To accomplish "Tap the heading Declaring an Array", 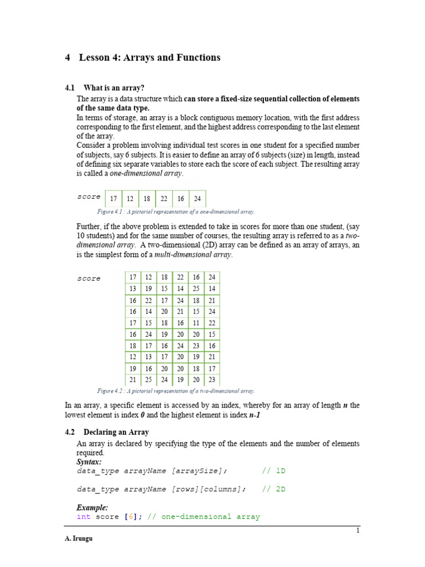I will tap(116, 432).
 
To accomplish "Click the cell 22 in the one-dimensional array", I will tap(164, 199).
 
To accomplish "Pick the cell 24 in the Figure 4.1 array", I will tap(198, 199).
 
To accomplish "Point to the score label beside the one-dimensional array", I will tap(89, 197).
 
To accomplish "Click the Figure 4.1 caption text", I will tap(176, 212).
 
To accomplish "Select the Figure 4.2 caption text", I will tap(176, 390).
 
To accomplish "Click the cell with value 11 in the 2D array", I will tap(196, 322).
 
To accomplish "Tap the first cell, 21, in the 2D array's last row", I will tap(133, 380).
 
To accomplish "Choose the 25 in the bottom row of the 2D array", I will tap(148, 380).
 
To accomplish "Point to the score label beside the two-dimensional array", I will tap(89, 279).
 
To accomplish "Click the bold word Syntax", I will tap(89, 461).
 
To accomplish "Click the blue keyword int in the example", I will tap(83, 517).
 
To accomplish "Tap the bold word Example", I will tap(92, 507).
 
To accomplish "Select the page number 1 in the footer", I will tap(358, 530).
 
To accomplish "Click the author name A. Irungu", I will tap(79, 539).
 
